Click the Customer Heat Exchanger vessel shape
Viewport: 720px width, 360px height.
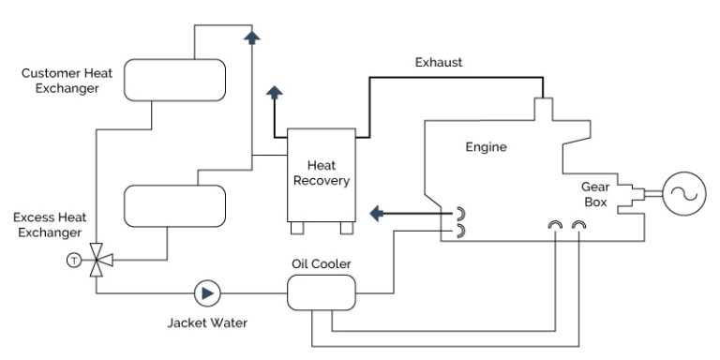coord(175,81)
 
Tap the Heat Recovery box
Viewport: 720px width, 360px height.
coord(322,173)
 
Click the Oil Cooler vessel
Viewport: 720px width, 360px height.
coord(322,294)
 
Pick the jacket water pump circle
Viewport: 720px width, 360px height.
coord(205,294)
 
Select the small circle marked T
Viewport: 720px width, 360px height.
coord(72,260)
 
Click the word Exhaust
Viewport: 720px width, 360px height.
coord(439,64)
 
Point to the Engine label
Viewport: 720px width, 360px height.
coord(486,147)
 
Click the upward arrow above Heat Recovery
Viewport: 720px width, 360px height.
coord(275,94)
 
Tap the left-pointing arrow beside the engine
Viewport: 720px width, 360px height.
coord(378,215)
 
